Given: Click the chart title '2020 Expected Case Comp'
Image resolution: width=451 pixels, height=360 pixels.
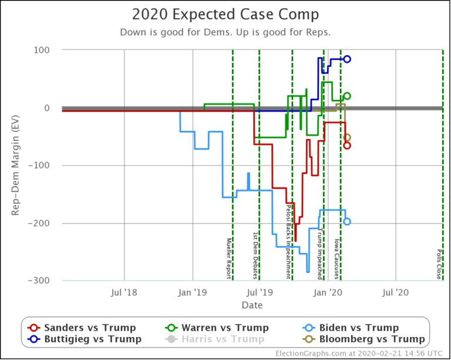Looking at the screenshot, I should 225,15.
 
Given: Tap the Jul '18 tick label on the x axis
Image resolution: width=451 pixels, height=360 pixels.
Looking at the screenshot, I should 124,291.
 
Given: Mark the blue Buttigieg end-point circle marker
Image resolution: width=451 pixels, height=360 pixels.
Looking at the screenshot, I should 347,59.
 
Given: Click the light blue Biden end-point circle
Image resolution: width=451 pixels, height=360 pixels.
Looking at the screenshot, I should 347,221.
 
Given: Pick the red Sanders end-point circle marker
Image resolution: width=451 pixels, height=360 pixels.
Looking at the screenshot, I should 347,146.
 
